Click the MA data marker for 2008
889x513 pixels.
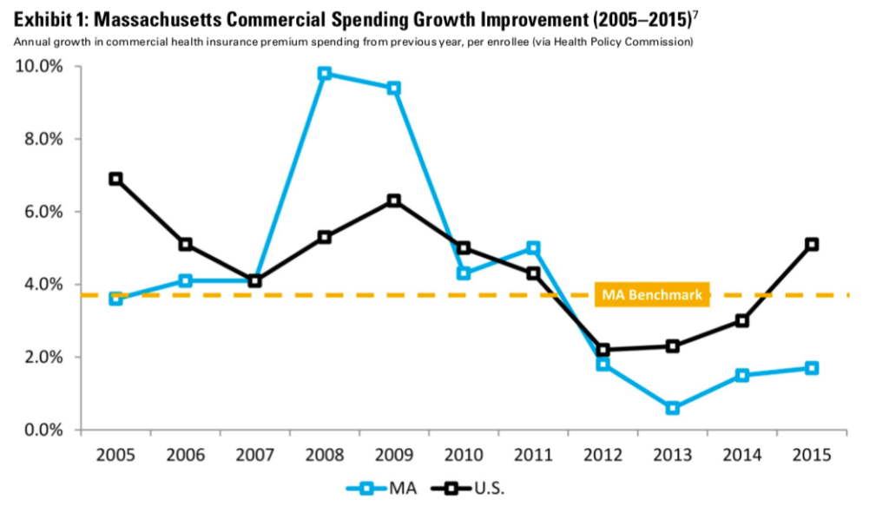point(324,74)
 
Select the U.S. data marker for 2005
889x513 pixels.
point(115,179)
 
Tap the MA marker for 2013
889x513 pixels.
point(672,408)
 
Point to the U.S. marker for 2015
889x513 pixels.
point(811,244)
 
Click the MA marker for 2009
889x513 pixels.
point(393,88)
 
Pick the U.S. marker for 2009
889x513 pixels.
point(393,201)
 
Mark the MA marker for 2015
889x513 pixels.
point(811,368)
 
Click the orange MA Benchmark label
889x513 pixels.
point(651,295)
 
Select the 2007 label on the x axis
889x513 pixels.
point(254,455)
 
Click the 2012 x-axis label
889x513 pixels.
point(603,455)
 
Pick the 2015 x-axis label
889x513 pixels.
point(811,455)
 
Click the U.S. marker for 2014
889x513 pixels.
point(741,320)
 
